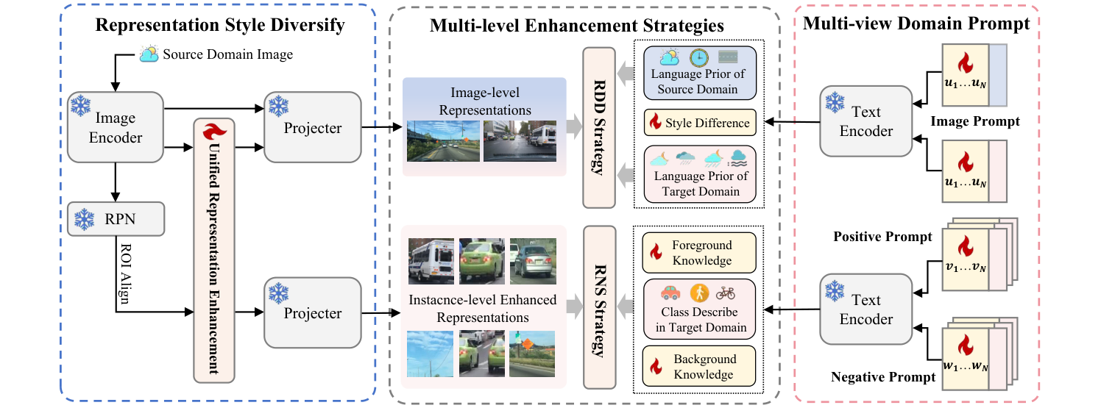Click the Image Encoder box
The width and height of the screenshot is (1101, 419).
[114, 127]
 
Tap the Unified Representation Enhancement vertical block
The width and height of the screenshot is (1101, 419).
[213, 250]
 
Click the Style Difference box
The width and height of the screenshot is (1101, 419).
[700, 123]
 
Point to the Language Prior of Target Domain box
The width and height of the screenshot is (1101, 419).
[696, 174]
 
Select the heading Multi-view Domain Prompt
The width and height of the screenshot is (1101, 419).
[916, 24]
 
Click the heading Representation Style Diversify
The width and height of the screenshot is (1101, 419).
[220, 26]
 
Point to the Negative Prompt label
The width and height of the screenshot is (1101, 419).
[883, 377]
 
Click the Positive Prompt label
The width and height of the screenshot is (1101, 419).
[882, 237]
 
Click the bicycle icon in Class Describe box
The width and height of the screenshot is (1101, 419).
[725, 293]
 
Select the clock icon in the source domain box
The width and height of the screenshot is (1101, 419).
[698, 57]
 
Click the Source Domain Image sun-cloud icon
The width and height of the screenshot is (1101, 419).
[149, 54]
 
